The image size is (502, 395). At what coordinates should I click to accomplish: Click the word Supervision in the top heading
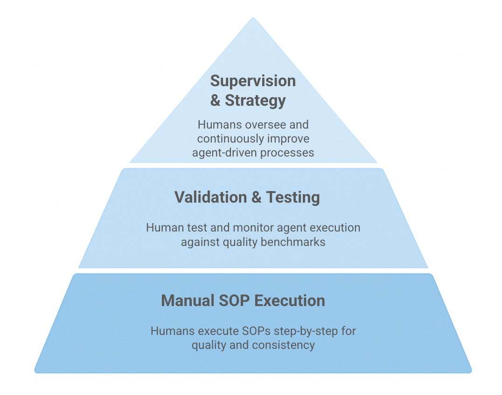253,81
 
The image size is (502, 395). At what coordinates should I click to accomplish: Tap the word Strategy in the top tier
255,100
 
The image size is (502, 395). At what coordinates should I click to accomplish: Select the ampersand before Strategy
215,100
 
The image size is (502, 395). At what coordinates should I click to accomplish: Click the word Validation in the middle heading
211,197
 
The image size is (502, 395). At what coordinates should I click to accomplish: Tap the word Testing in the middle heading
293,197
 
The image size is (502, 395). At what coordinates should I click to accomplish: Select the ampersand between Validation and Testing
257,197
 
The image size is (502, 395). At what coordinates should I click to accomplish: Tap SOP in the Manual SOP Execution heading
236,300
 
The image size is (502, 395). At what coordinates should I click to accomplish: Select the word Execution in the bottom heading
290,300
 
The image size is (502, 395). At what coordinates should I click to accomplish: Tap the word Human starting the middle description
162,228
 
